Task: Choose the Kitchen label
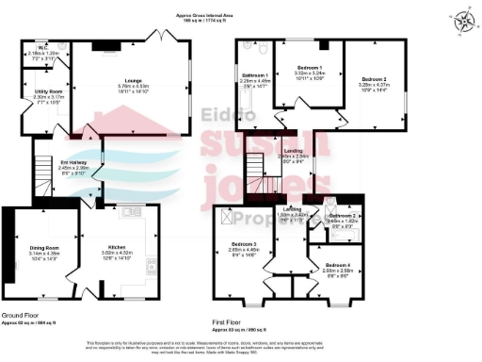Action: click(x=114, y=250)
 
